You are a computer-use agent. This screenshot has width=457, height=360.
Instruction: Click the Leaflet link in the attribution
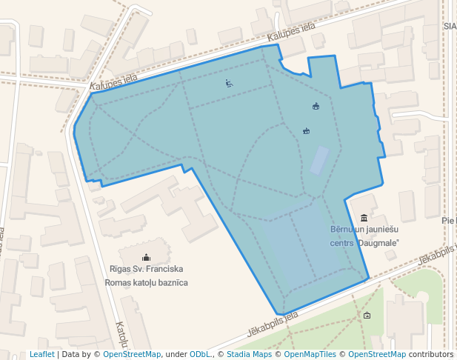click(x=41, y=355)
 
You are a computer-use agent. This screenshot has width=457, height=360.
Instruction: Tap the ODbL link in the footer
click(x=200, y=355)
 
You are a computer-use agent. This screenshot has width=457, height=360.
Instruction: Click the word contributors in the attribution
click(x=431, y=355)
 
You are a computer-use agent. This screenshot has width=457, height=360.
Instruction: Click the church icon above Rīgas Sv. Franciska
click(x=145, y=257)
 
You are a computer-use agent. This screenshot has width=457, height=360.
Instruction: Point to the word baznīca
click(x=170, y=283)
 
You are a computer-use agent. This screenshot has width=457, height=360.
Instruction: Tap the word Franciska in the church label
click(x=164, y=269)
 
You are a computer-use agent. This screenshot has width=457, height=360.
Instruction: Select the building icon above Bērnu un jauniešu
click(x=364, y=218)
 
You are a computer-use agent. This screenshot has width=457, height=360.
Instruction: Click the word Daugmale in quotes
click(x=379, y=243)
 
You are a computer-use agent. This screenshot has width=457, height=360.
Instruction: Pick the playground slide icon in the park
click(x=230, y=84)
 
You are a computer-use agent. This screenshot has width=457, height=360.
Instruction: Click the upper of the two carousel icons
click(x=316, y=107)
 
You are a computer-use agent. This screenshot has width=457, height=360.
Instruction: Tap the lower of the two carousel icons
click(x=306, y=131)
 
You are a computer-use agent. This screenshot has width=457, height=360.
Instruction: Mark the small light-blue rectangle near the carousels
click(x=319, y=160)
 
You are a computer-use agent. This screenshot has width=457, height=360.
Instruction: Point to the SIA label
click(x=450, y=25)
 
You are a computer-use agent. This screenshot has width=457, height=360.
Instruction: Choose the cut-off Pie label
click(x=449, y=221)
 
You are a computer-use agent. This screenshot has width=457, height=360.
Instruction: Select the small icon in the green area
click(x=367, y=316)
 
